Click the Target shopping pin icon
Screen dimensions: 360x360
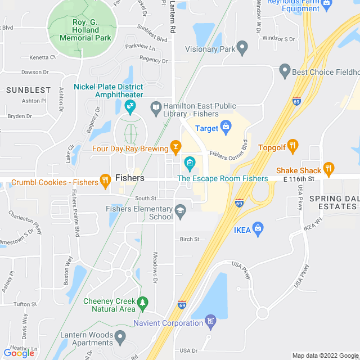[226, 125]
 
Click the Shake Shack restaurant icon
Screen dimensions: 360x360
[329, 168]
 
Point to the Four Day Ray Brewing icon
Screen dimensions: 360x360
[176, 147]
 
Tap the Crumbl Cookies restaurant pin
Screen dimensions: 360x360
[105, 180]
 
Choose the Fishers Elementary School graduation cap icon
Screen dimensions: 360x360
[180, 211]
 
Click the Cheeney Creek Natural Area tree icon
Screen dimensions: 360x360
[142, 304]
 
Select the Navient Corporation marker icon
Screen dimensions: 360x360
[210, 321]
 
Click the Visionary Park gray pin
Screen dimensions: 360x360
[242, 48]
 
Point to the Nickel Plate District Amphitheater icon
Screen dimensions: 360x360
[130, 105]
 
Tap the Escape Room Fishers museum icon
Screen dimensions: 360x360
[190, 164]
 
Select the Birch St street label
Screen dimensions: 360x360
[190, 239]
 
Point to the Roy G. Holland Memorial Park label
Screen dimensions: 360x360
[84, 30]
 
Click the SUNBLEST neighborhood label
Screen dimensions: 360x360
[28, 90]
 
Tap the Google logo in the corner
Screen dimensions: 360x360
[19, 353]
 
